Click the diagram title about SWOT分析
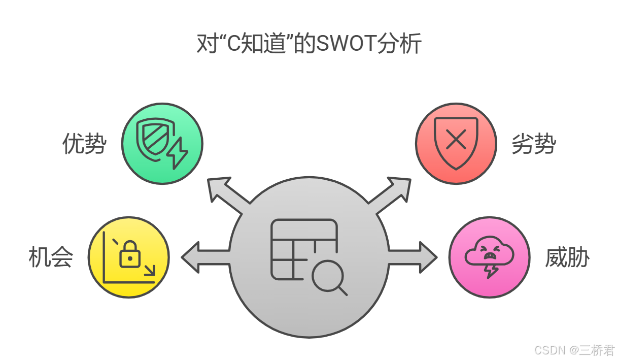pyautogui.click(x=308, y=44)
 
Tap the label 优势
pyautogui.click(x=84, y=144)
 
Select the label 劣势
pyautogui.click(x=533, y=144)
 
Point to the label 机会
pyautogui.click(x=51, y=257)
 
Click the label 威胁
pyautogui.click(x=567, y=257)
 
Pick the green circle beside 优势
pyautogui.click(x=162, y=144)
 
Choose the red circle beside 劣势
pyautogui.click(x=456, y=144)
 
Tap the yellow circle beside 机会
pyautogui.click(x=128, y=257)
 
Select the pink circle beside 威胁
pyautogui.click(x=489, y=257)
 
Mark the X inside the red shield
pyautogui.click(x=456, y=140)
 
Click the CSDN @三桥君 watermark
pyautogui.click(x=574, y=350)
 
